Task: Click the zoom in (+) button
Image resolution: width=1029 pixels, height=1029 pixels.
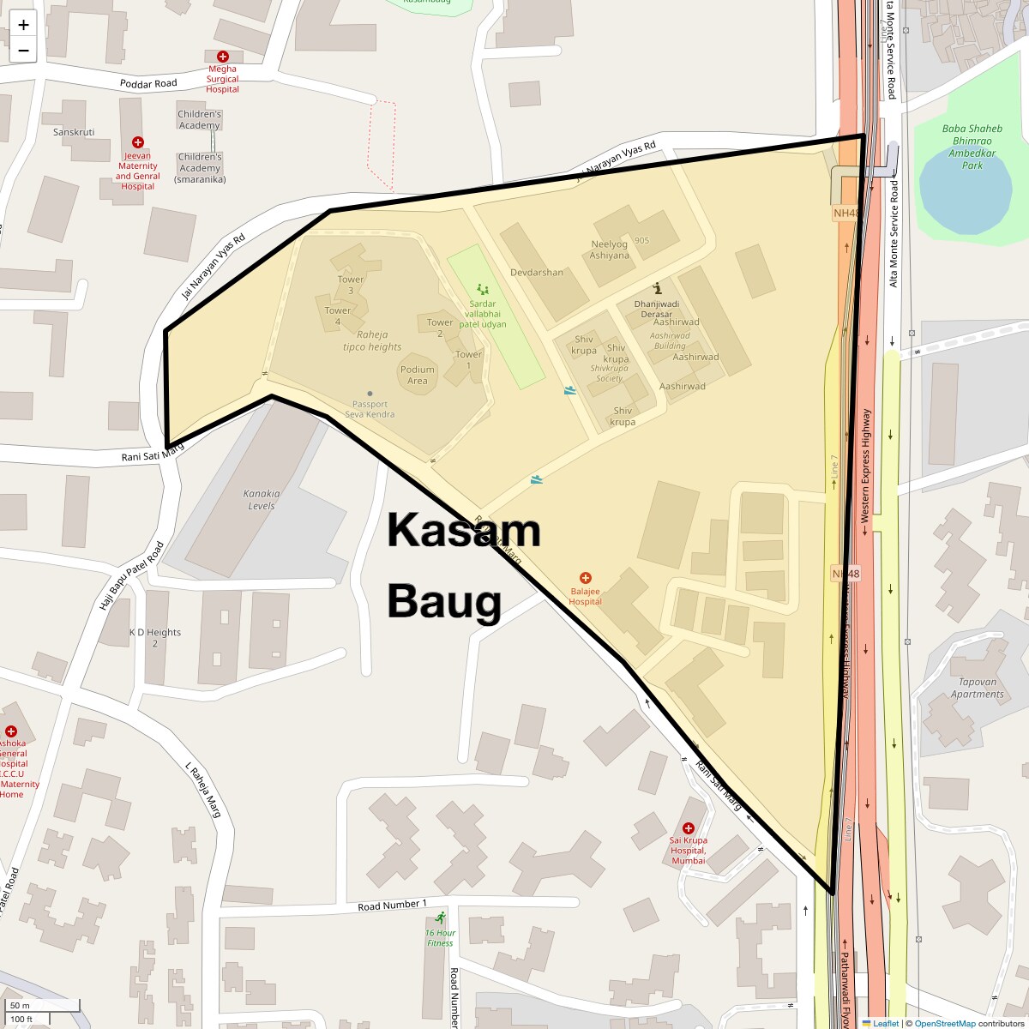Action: pyautogui.click(x=23, y=25)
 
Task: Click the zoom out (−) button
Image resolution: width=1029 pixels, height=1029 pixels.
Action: pyautogui.click(x=23, y=51)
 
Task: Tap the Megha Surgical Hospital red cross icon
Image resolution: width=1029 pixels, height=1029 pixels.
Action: pyautogui.click(x=222, y=57)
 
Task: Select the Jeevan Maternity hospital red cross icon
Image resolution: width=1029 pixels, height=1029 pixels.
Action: pyautogui.click(x=137, y=143)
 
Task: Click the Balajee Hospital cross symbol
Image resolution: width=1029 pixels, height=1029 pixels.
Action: pyautogui.click(x=586, y=578)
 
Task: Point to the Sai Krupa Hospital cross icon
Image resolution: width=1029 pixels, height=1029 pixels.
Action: pyautogui.click(x=689, y=828)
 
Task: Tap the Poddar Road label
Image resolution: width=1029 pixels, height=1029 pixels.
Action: pyautogui.click(x=148, y=83)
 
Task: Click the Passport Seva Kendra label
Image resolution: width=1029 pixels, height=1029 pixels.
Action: pyautogui.click(x=370, y=409)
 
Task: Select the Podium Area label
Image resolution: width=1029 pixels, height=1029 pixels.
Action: pyautogui.click(x=418, y=375)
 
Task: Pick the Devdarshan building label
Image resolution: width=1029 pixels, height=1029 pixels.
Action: pyautogui.click(x=537, y=273)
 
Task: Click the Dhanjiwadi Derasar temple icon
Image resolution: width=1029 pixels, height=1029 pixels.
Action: pyautogui.click(x=658, y=288)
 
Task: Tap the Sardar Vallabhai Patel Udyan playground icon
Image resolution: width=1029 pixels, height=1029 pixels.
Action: pyautogui.click(x=482, y=290)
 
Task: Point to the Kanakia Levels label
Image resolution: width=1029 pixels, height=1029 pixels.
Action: pyautogui.click(x=262, y=499)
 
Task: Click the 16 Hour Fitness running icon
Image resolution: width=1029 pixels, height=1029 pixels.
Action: pyautogui.click(x=441, y=918)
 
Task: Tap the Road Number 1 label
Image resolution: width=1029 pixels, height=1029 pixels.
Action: pyautogui.click(x=392, y=905)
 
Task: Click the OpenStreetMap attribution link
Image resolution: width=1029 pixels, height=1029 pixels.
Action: pyautogui.click(x=944, y=1023)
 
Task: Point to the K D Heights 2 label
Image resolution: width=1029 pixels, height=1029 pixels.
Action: pyautogui.click(x=155, y=637)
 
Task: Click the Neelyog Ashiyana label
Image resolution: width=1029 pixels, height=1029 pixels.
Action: pyautogui.click(x=610, y=250)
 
